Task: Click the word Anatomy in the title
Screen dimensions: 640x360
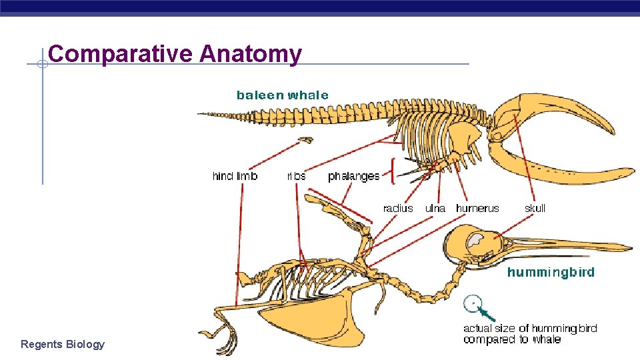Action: pyautogui.click(x=250, y=53)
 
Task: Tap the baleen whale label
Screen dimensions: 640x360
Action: pyautogui.click(x=283, y=95)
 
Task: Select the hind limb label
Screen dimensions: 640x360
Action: pyautogui.click(x=235, y=176)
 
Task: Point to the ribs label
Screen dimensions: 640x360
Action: pyautogui.click(x=296, y=176)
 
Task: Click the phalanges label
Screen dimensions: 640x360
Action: pyautogui.click(x=353, y=176)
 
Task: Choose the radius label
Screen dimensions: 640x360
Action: pyautogui.click(x=398, y=208)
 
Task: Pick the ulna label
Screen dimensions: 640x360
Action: pyautogui.click(x=435, y=208)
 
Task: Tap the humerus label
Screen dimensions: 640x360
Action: pyautogui.click(x=477, y=208)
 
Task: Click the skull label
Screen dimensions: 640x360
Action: pyautogui.click(x=535, y=208)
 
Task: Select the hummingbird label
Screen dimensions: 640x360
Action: pyautogui.click(x=551, y=272)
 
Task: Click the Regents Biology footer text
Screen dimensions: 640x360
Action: pyautogui.click(x=63, y=344)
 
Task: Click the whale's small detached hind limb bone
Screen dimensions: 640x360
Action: pyautogui.click(x=305, y=140)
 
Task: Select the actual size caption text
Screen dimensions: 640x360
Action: pyautogui.click(x=530, y=333)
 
